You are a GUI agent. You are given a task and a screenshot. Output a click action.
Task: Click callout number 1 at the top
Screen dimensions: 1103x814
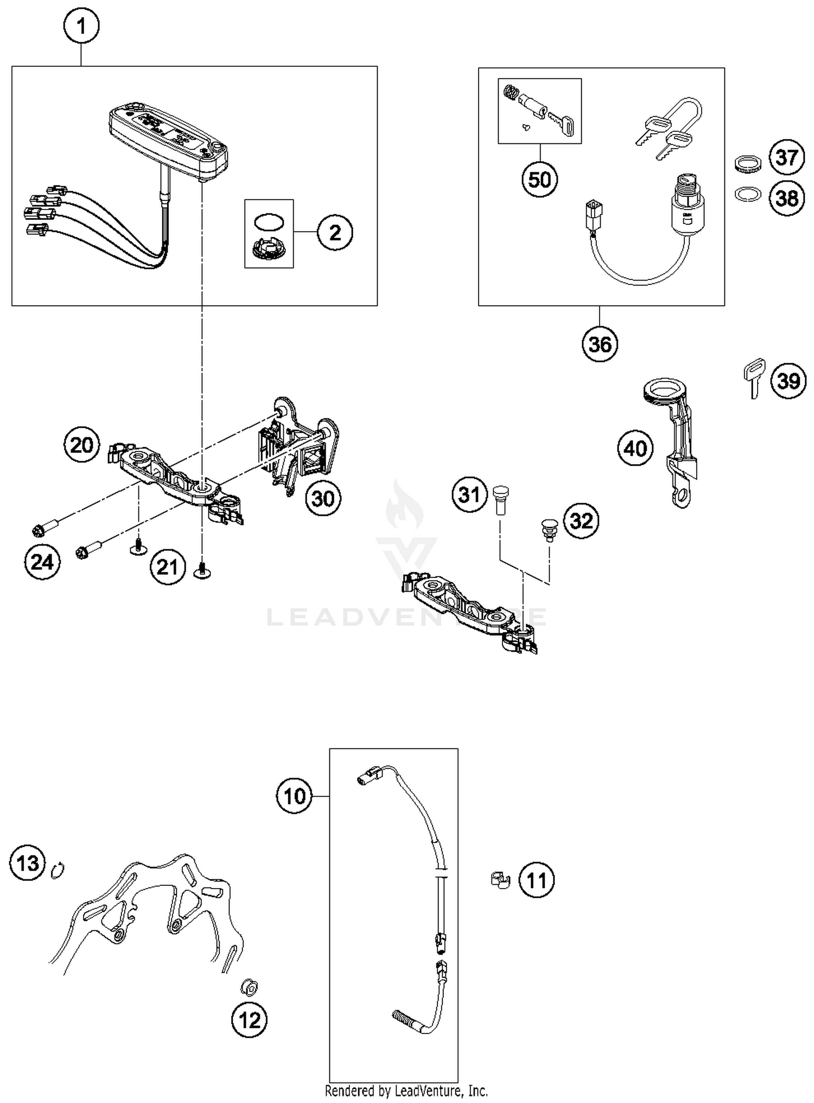81,26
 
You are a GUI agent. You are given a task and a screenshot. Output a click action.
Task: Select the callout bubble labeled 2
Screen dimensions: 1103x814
335,232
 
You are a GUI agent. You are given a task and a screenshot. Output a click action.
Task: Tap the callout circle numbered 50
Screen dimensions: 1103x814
539,179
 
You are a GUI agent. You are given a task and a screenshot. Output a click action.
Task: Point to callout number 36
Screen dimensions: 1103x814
600,344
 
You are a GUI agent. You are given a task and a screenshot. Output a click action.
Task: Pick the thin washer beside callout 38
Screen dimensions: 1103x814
748,194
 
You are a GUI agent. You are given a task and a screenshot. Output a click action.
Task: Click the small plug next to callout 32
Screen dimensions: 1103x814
548,529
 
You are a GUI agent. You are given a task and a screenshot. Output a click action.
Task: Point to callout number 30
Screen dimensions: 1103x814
323,498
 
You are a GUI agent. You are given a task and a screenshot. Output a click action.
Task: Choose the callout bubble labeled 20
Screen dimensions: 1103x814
81,445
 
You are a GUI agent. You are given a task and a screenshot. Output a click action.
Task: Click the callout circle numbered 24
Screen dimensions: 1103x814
42,561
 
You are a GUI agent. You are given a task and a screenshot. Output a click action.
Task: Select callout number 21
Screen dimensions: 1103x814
167,567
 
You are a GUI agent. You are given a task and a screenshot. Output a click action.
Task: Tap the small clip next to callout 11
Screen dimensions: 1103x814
500,880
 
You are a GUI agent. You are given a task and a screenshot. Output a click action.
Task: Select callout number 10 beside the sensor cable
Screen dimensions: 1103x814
295,796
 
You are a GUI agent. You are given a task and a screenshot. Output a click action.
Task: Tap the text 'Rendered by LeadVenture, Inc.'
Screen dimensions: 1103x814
406,1090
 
